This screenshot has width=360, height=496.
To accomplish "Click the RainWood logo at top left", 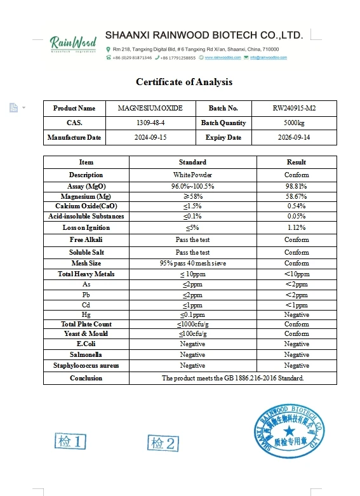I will tap(73, 44).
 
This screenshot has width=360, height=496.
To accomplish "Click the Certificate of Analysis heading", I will tap(184, 82).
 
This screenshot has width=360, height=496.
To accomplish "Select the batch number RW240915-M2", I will tap(294, 108).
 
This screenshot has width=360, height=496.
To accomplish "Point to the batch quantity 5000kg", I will tap(294, 123).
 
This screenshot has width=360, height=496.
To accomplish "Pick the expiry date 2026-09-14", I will tap(294, 137).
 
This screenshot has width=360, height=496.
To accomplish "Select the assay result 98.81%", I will tap(297, 186).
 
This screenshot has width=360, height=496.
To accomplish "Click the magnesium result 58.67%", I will tap(297, 196).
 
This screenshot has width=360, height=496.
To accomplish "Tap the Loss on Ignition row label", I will tap(86, 227).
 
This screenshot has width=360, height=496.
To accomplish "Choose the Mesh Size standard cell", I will tap(192, 263).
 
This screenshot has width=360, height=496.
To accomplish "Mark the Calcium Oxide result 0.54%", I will tap(297, 206).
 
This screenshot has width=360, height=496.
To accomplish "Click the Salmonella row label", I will tap(86, 354).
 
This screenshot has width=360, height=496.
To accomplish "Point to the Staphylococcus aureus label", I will tap(86, 365).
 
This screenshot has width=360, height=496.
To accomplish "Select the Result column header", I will tap(297, 162).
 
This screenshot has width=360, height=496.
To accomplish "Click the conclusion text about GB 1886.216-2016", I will tap(232, 378).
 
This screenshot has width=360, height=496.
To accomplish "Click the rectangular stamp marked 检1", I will tap(70, 441).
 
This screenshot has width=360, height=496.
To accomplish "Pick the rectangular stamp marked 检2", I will tap(163, 443).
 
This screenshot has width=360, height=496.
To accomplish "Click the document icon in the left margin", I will tap(13, 108).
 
